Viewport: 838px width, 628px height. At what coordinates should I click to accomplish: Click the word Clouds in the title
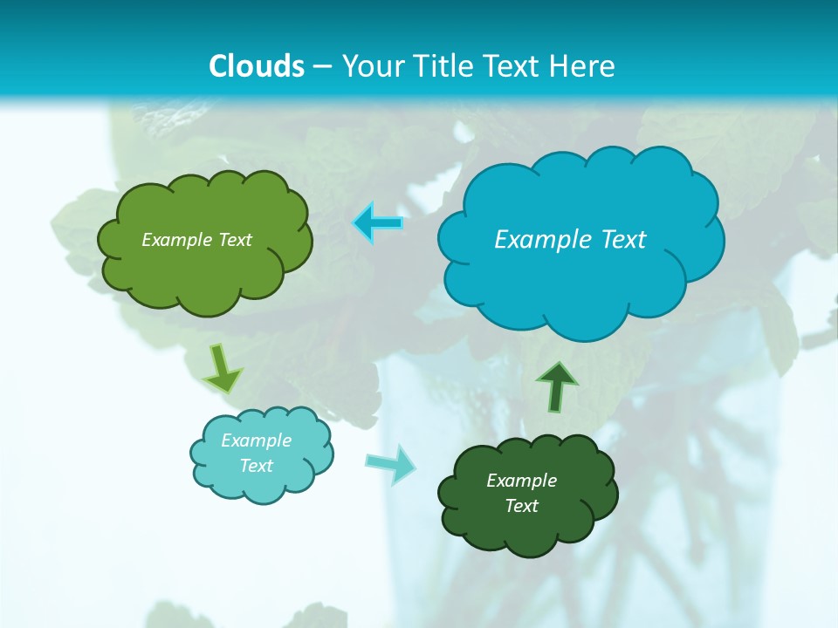pos(257,66)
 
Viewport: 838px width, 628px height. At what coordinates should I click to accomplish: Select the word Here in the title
pos(586,66)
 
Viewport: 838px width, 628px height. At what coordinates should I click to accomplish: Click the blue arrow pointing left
pos(378,223)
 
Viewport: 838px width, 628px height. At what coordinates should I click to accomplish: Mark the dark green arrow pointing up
pos(556,386)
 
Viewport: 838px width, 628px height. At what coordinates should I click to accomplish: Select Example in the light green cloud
pos(175,240)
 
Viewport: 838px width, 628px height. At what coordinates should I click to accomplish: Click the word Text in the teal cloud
pos(257,466)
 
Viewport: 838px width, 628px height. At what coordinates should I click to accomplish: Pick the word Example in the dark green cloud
pos(521,481)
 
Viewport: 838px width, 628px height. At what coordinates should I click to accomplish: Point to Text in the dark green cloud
pos(522,506)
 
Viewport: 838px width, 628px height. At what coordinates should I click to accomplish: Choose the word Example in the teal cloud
pos(257,440)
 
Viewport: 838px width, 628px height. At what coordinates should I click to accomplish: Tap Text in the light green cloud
pos(234,240)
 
